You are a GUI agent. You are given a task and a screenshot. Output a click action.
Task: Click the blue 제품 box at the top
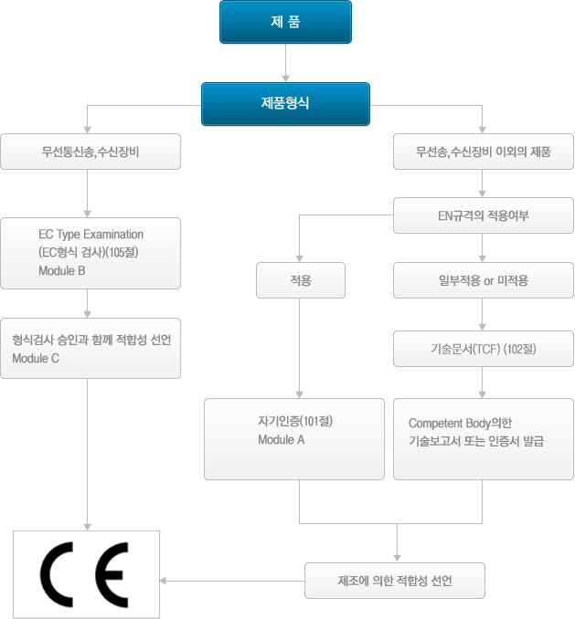[x=285, y=23]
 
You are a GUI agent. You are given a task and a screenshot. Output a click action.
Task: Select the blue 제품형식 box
[x=285, y=104]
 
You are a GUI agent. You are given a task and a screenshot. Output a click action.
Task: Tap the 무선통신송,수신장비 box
[x=90, y=152]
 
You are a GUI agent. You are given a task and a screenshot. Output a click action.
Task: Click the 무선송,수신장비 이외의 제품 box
[x=483, y=152]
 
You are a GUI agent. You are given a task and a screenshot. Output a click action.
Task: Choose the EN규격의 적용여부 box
[x=483, y=216]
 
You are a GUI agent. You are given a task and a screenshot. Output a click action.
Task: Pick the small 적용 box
[x=300, y=280]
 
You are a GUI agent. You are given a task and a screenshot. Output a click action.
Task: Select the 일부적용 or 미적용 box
[x=483, y=280]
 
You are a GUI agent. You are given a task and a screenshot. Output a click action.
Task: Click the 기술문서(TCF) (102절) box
[x=483, y=349]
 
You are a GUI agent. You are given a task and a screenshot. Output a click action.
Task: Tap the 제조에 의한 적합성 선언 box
[x=394, y=581]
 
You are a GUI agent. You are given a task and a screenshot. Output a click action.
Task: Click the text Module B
[x=62, y=271]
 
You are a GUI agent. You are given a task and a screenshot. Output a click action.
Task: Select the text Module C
[x=36, y=358]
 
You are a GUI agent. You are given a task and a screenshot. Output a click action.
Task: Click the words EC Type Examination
[x=91, y=235]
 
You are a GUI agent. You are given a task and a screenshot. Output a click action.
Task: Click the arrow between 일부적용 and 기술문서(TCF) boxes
[x=483, y=315]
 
